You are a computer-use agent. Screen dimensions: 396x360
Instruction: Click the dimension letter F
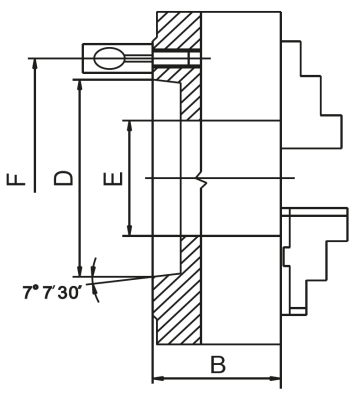15,178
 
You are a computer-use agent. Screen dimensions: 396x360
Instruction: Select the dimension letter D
62,178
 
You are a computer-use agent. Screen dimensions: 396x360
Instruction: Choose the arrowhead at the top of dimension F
34,61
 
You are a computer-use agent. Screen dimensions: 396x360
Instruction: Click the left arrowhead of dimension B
156,379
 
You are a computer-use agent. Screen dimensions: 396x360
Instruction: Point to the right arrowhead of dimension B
276,379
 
